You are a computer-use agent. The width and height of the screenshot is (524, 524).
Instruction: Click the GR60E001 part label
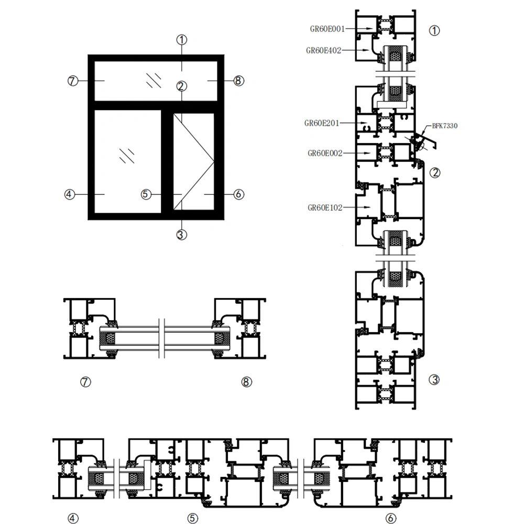326,29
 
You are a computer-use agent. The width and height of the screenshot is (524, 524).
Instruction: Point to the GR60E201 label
322,123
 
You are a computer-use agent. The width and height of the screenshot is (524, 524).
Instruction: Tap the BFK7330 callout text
444,126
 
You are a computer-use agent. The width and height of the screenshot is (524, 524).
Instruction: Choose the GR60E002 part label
325,153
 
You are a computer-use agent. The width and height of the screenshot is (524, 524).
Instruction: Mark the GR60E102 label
325,208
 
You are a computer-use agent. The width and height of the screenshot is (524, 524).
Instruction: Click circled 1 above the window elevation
182,39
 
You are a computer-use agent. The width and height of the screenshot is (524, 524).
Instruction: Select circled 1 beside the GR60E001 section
434,30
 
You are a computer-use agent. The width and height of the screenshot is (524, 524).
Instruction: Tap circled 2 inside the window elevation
182,86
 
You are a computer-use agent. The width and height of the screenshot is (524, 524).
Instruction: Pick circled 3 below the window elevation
182,235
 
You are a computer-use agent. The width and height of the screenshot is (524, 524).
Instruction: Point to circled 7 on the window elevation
73,81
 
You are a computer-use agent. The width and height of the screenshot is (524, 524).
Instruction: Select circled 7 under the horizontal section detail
86,382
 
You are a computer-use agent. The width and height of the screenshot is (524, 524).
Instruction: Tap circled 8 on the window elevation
238,81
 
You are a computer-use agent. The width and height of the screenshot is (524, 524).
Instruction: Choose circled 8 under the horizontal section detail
246,382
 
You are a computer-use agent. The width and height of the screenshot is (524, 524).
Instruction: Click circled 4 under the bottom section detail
73,518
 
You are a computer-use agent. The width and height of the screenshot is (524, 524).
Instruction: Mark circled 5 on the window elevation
146,194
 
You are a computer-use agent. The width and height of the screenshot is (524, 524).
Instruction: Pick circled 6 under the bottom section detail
391,518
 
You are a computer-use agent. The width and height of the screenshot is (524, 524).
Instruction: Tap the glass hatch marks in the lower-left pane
126,154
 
